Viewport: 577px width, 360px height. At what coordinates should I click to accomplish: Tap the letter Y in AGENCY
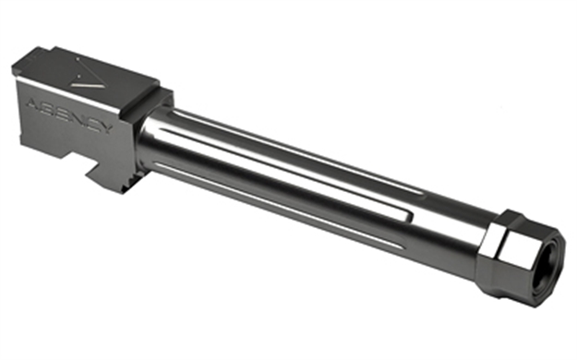tap(106, 128)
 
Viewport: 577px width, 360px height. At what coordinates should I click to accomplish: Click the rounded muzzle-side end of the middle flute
tap(408, 216)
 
